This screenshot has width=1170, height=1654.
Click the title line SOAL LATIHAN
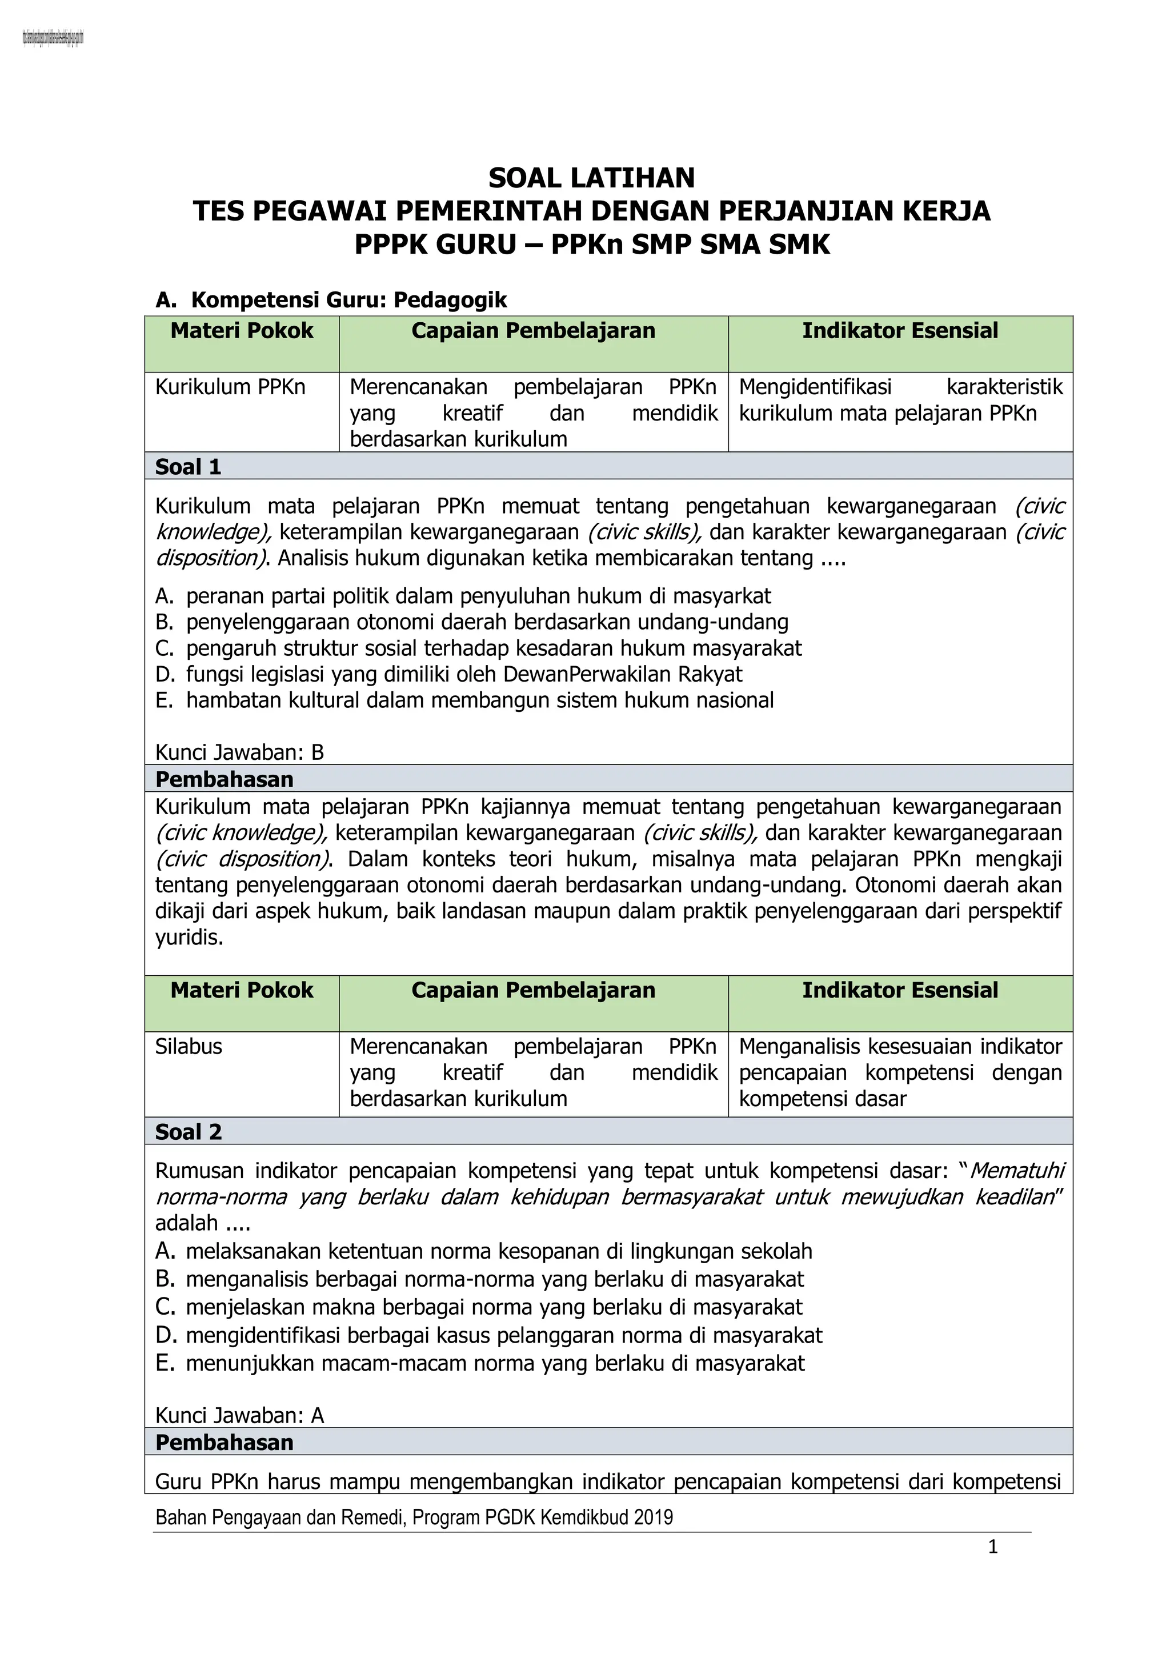(591, 178)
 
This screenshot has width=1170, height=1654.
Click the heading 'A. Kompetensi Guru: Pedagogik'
(331, 300)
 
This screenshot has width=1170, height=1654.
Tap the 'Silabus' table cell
(189, 1047)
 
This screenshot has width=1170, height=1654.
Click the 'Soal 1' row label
(188, 467)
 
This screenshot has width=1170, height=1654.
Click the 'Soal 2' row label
(188, 1132)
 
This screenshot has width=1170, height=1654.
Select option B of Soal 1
(487, 622)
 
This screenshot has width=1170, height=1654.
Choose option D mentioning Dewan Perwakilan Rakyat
(463, 674)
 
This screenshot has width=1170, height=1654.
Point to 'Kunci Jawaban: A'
(239, 1416)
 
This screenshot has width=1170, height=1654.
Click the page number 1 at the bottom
(993, 1547)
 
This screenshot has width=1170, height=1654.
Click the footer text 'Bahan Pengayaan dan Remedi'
(414, 1518)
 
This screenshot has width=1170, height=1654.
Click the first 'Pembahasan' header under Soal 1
(224, 779)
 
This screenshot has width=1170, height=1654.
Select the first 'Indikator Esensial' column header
(900, 331)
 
